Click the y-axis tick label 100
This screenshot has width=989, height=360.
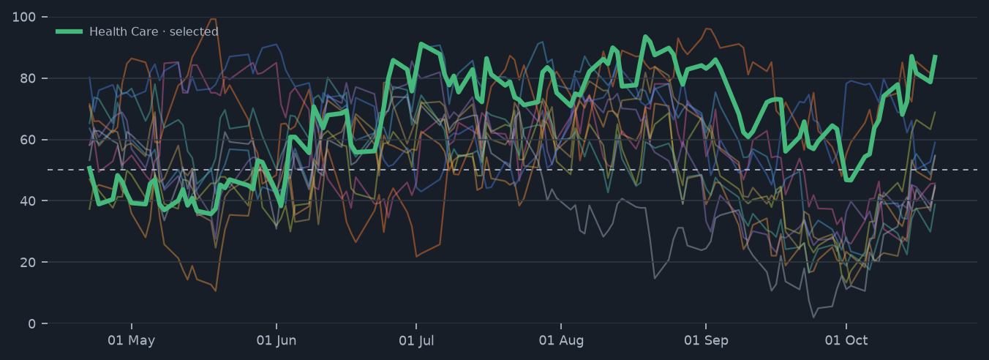(24, 18)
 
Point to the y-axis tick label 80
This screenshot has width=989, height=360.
(28, 78)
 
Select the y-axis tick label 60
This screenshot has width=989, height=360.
(28, 140)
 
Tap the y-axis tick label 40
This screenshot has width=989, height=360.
(28, 201)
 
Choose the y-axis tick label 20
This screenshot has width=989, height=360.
(28, 263)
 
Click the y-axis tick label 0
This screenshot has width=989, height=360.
(31, 323)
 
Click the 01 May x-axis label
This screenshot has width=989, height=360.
(132, 340)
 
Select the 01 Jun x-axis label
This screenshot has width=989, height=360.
(277, 340)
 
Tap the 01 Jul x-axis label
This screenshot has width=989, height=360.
(416, 340)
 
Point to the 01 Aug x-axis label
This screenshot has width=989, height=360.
(561, 340)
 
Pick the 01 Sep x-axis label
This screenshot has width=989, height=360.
(706, 340)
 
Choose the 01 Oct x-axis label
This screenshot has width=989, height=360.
(846, 340)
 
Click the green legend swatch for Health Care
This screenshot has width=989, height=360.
(69, 31)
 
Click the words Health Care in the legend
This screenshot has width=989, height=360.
(124, 31)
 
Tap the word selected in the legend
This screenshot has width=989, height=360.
(194, 31)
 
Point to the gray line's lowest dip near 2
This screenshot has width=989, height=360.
(813, 317)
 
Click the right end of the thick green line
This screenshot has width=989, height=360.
(935, 56)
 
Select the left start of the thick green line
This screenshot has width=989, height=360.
(89, 167)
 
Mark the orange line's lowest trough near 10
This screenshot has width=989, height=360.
(216, 290)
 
